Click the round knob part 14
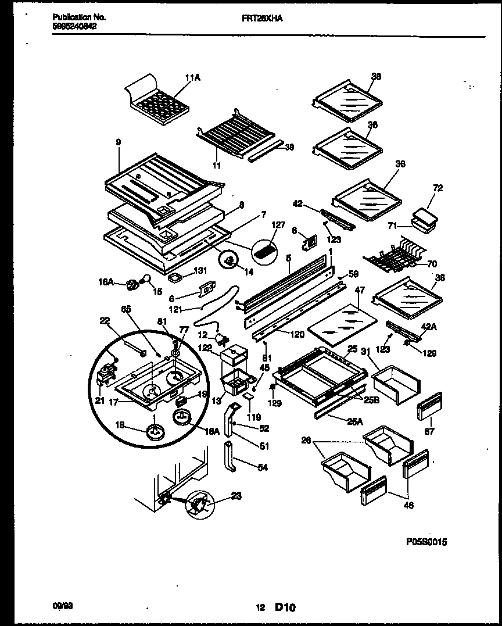[x=230, y=260]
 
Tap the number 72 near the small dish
[x=438, y=189]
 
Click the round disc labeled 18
[x=154, y=432]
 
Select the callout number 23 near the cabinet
[x=235, y=496]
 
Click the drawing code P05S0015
[x=426, y=542]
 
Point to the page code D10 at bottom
[x=285, y=608]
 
